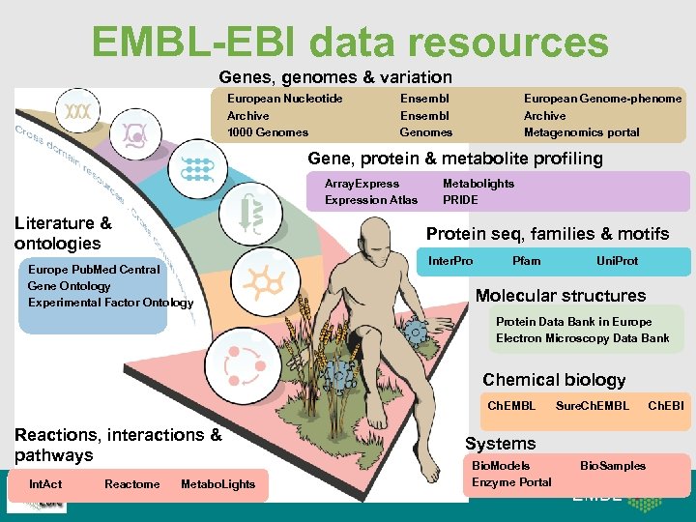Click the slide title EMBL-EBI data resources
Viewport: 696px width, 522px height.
click(350, 42)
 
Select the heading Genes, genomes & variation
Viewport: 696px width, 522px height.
click(335, 76)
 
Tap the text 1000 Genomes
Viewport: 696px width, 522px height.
click(268, 132)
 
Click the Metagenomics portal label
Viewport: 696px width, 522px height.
click(581, 132)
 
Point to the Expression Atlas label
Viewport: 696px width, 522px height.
click(371, 200)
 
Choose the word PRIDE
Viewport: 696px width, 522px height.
click(460, 200)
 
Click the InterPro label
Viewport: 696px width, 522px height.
click(450, 261)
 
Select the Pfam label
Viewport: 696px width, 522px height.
click(527, 261)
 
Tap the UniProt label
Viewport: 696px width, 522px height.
click(617, 261)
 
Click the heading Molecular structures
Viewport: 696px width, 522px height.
click(561, 296)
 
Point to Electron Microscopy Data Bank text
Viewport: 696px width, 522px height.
click(582, 338)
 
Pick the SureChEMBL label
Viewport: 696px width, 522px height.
click(592, 406)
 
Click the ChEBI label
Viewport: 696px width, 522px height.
click(665, 406)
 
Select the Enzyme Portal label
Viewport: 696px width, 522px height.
click(511, 482)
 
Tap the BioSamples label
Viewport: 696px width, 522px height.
click(613, 466)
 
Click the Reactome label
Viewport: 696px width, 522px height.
click(132, 484)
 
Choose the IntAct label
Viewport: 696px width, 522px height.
click(45, 484)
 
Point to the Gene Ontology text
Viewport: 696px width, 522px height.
click(70, 286)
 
